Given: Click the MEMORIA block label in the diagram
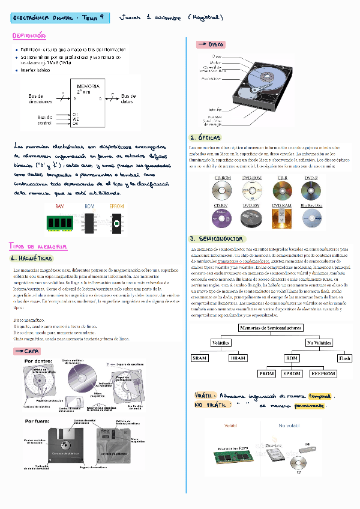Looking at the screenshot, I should tap(84, 86).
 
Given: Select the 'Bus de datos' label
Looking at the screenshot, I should tap(128, 99).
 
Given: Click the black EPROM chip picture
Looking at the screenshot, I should tap(117, 224).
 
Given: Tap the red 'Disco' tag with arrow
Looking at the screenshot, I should tap(211, 44).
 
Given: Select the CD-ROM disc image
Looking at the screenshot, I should tap(222, 191).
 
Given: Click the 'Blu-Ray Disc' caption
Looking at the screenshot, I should tap(311, 205).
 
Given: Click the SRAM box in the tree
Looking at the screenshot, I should tap(199, 358).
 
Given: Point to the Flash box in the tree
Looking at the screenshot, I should tap(345, 358).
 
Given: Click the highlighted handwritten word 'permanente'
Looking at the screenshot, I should tap(306, 406).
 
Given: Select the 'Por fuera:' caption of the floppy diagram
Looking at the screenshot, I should tap(37, 422).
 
